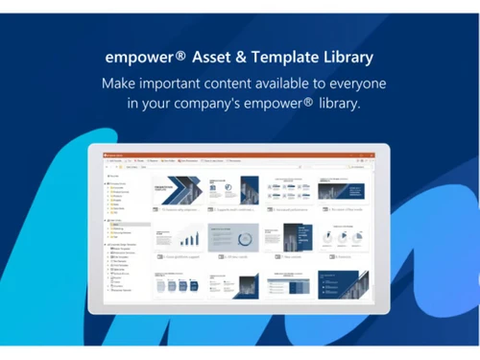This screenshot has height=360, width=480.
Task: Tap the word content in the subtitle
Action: (249, 83)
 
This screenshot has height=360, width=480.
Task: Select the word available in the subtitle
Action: (315, 83)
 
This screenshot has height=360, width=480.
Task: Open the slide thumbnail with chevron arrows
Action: (178, 188)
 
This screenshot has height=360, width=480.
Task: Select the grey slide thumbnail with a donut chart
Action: (234, 238)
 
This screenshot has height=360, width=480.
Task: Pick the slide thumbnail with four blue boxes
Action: (179, 284)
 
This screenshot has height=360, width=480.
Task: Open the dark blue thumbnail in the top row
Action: (343, 187)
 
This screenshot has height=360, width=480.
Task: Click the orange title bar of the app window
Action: (239, 155)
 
